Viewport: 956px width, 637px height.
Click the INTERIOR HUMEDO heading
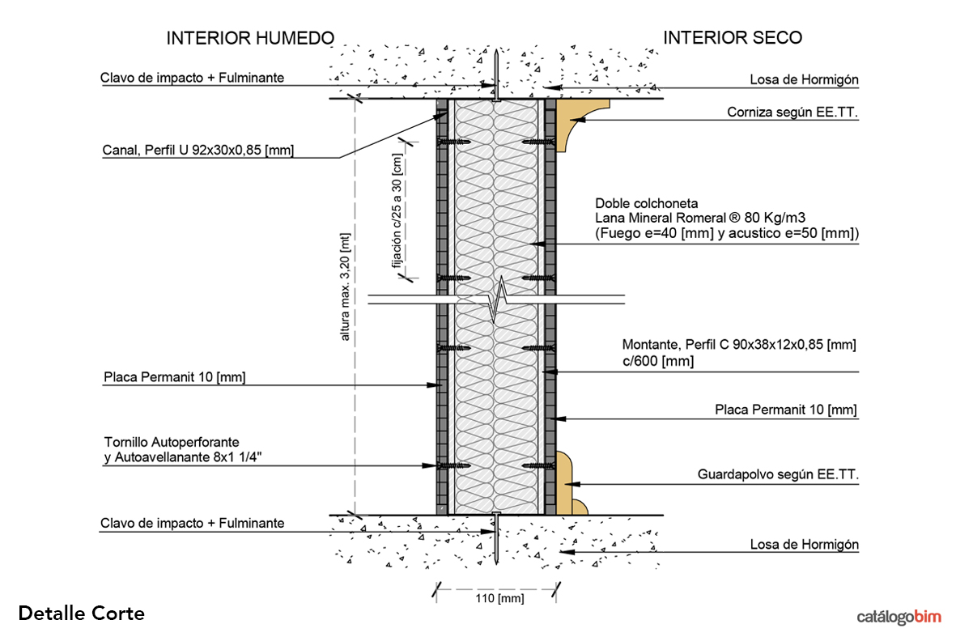249,38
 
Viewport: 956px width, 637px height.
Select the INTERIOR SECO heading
733,38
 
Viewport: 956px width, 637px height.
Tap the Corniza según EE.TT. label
792,114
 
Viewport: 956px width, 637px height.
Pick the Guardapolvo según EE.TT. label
778,475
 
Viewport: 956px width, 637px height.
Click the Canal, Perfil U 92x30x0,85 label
198,150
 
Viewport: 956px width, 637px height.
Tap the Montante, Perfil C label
738,345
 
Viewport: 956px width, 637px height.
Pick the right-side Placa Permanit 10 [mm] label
785,410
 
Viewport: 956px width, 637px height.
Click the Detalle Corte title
81,614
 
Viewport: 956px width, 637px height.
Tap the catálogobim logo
899,617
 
